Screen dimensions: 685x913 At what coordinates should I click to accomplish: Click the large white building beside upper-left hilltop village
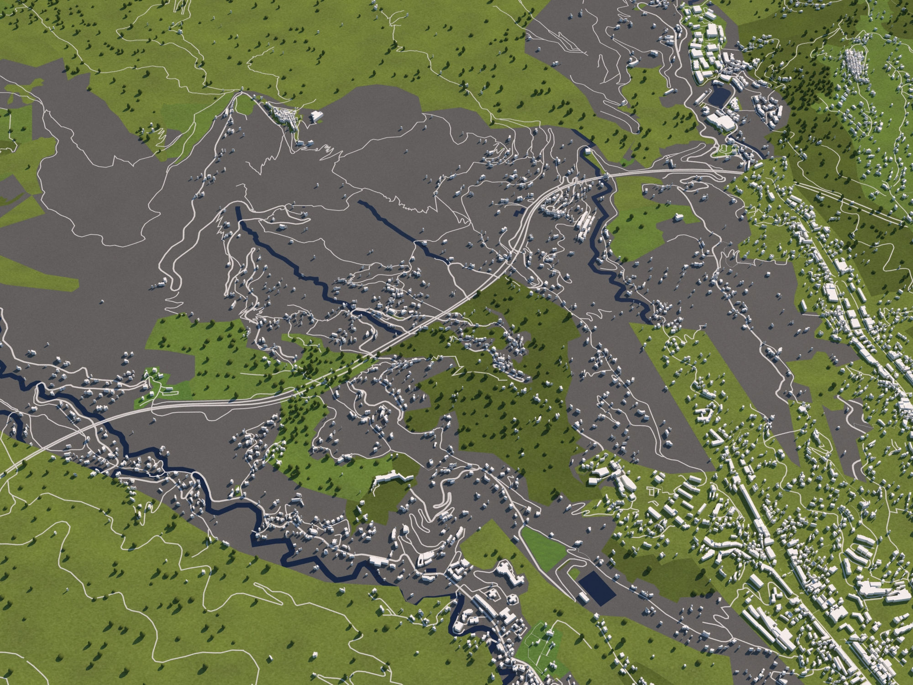coord(315,116)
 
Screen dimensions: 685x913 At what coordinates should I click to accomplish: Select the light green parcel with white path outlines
coord(541,639)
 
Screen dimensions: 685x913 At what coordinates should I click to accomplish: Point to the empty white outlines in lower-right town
coord(654,491)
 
